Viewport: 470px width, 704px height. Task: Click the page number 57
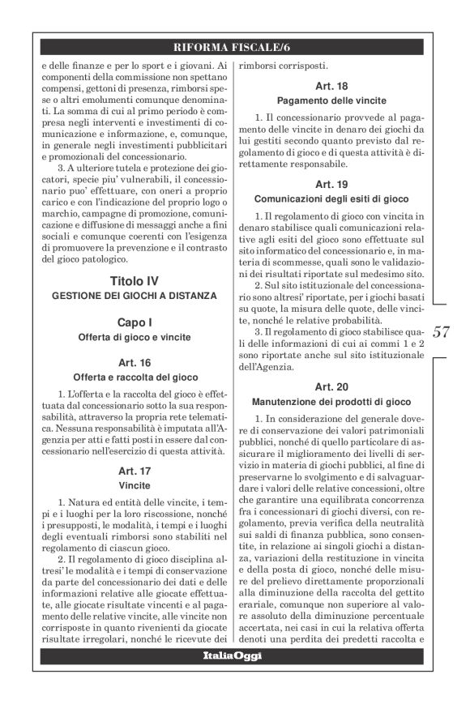[442, 332]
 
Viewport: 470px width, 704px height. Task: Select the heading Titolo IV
[135, 280]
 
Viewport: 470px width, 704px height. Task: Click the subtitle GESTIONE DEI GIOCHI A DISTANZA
[135, 296]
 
